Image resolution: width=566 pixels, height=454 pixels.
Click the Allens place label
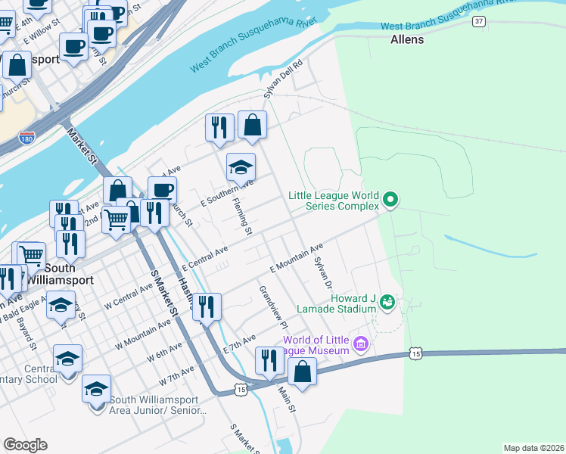point(407,39)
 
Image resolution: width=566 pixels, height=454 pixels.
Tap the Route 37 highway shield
point(478,21)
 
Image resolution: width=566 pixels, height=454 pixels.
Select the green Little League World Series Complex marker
point(390,200)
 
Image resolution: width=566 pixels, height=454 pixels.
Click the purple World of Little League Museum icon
point(360,345)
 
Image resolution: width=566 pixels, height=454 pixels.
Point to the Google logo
point(25,445)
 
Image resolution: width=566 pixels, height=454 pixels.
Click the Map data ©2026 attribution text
point(533,448)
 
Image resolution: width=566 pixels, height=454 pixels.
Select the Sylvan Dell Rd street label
point(282,79)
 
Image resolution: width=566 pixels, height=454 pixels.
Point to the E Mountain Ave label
point(297,258)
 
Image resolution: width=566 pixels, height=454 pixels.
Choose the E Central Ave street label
point(204,259)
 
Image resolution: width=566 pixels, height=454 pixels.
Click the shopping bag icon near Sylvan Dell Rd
point(252,125)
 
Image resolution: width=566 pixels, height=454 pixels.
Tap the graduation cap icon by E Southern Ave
point(241,167)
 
